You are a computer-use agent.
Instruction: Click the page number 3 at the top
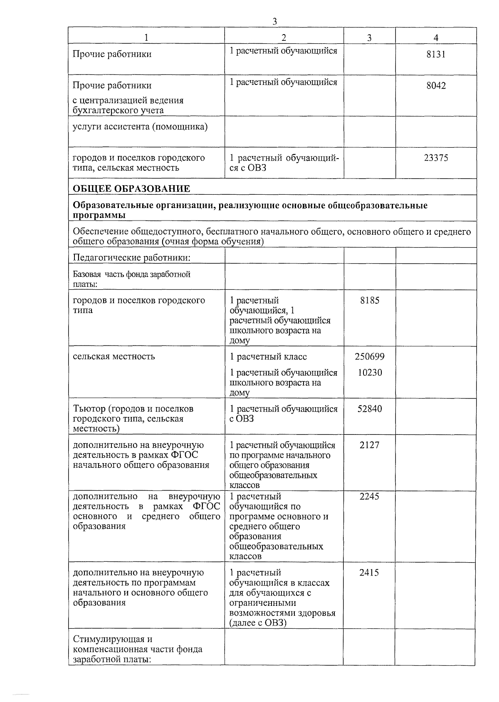pyautogui.click(x=274, y=22)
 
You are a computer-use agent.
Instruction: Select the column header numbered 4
pyautogui.click(x=435, y=37)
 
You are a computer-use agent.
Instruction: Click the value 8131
pyautogui.click(x=436, y=54)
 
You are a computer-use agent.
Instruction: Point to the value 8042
pyautogui.click(x=436, y=86)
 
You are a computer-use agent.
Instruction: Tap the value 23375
pyautogui.click(x=436, y=158)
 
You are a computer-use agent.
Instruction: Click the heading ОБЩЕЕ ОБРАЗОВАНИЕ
pyautogui.click(x=131, y=189)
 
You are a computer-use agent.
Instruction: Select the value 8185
pyautogui.click(x=370, y=300)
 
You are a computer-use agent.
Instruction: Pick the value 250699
pyautogui.click(x=370, y=357)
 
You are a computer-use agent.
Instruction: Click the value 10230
pyautogui.click(x=370, y=372)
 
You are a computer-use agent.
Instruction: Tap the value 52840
pyautogui.click(x=370, y=409)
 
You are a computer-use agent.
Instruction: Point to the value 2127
pyautogui.click(x=370, y=445)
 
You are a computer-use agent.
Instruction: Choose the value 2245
pyautogui.click(x=370, y=496)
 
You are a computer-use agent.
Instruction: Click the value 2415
pyautogui.click(x=370, y=573)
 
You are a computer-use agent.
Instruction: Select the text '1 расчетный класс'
pyautogui.click(x=268, y=357)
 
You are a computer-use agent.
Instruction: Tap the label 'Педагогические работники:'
pyautogui.click(x=131, y=258)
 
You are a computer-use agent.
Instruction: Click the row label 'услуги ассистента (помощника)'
pyautogui.click(x=140, y=127)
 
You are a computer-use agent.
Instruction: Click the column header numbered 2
pyautogui.click(x=284, y=37)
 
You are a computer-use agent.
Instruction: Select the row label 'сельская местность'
pyautogui.click(x=114, y=357)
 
